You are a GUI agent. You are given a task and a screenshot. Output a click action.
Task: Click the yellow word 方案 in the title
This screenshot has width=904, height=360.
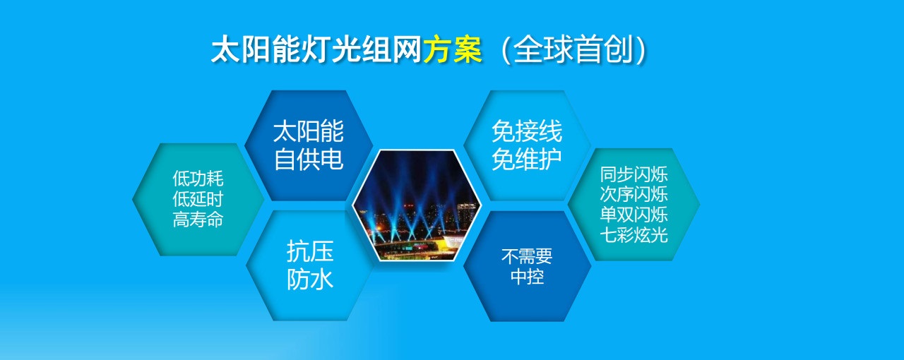453,49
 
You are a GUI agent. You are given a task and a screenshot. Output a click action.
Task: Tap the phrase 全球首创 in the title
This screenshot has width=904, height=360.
573,49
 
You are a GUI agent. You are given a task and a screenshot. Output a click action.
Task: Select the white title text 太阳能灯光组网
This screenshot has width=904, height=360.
316,49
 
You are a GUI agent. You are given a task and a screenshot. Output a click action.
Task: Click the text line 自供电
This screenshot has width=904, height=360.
309,159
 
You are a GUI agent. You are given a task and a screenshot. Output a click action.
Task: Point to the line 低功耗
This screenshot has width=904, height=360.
198,179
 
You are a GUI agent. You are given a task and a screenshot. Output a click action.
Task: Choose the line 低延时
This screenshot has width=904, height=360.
198,199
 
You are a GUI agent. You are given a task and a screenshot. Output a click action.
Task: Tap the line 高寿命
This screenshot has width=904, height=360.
198,220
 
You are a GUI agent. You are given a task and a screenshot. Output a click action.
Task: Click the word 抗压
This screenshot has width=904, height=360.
310,251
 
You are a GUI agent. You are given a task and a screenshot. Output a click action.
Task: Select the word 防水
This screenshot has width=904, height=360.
310,279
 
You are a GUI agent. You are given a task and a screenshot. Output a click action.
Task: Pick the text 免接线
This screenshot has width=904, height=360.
527,131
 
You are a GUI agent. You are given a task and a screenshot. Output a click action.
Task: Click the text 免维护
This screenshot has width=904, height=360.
527,159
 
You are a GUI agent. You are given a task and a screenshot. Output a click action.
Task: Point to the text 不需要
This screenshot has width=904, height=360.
527,256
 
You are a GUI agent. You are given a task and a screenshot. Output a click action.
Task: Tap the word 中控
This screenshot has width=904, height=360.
527,277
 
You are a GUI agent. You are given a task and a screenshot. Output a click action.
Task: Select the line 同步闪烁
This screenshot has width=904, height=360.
634,174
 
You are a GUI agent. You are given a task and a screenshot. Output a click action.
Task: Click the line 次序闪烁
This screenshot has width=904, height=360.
634,194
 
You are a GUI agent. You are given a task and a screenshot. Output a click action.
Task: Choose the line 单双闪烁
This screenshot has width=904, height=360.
634,215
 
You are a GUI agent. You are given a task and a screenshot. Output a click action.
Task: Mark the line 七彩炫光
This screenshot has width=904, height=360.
634,234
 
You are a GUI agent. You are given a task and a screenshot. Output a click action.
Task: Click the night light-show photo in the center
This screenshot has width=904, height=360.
417,205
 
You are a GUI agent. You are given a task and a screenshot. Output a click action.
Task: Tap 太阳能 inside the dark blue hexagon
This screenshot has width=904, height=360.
309,131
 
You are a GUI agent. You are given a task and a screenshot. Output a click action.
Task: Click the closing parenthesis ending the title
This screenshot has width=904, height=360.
641,50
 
